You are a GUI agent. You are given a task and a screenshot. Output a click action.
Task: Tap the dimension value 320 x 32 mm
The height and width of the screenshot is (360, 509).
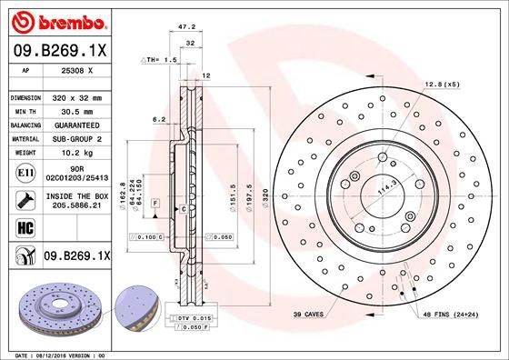tap(77, 96)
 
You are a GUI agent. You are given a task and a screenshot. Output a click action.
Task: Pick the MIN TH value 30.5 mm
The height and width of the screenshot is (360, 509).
tap(77, 109)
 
